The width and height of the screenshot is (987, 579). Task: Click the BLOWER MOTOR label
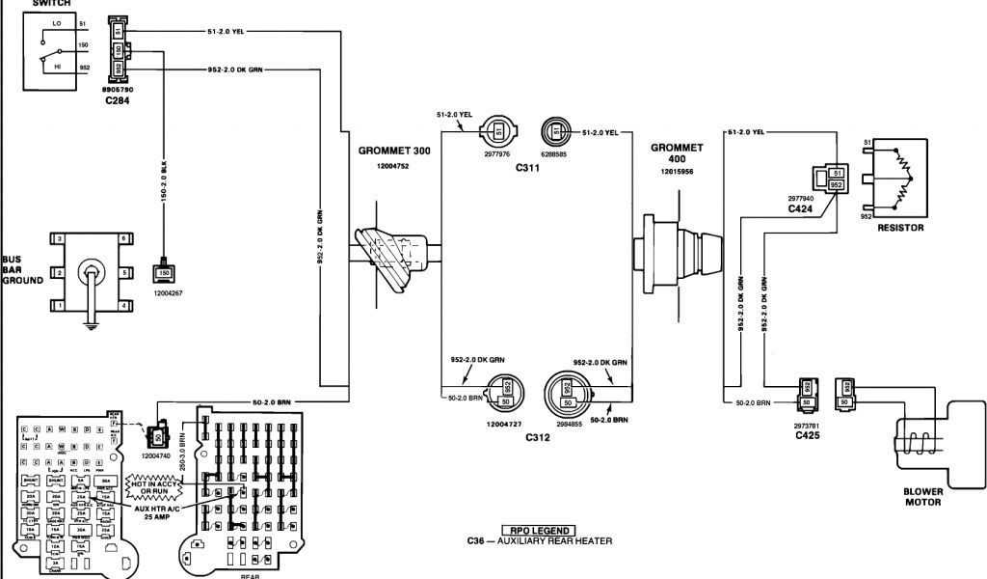coord(922,496)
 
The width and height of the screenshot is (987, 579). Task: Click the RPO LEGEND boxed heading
coord(537,530)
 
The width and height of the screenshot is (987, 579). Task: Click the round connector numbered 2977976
coord(498,130)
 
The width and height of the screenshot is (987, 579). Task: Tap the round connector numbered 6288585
coord(555,130)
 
